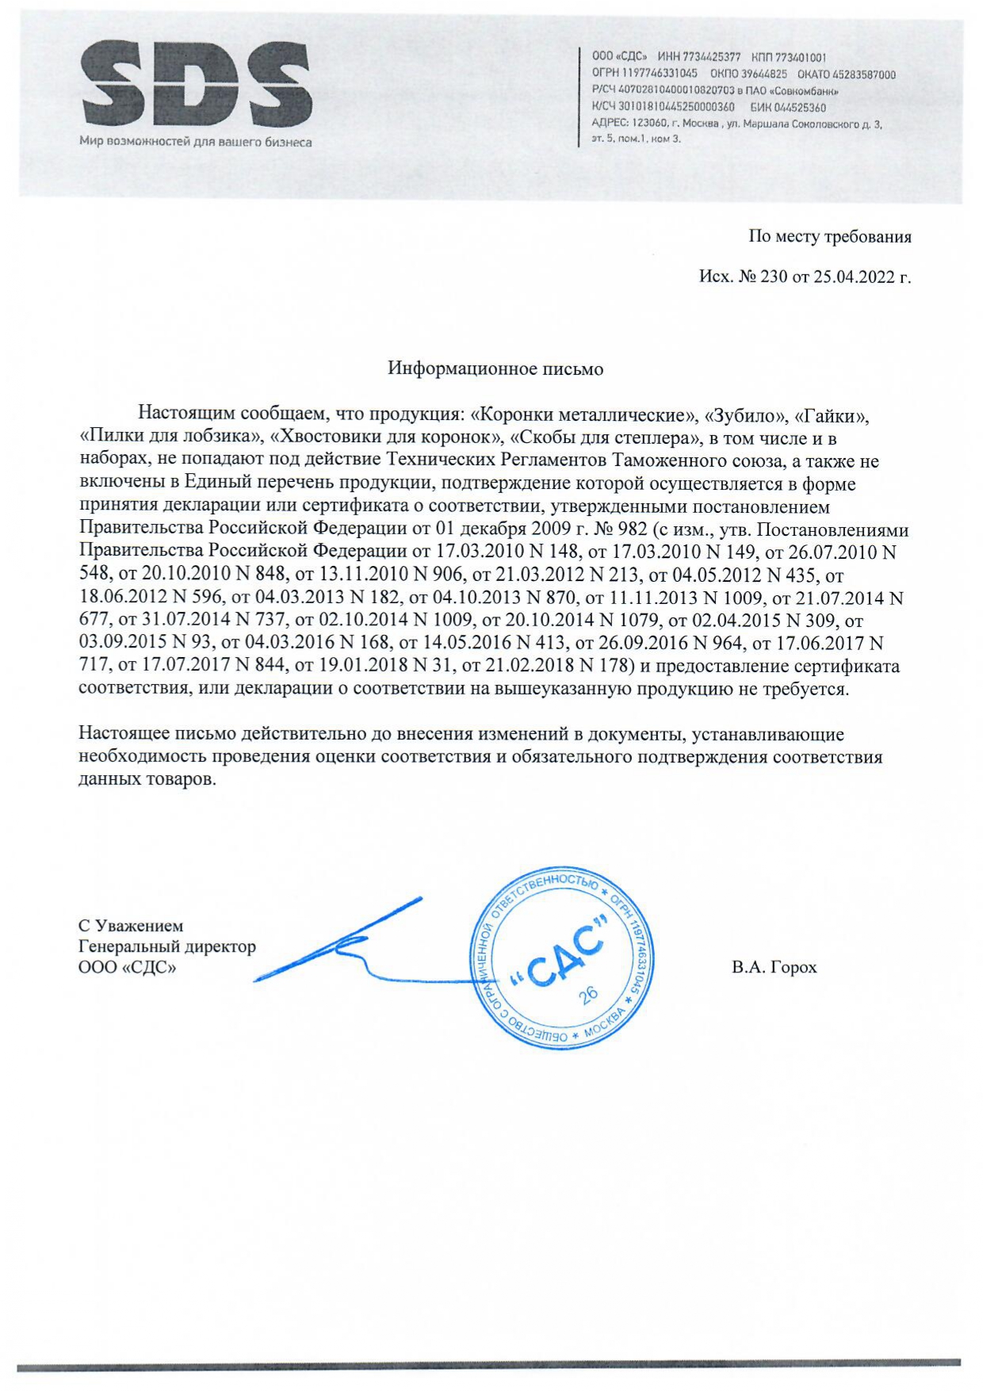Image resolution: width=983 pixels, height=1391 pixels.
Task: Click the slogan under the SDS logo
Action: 195,143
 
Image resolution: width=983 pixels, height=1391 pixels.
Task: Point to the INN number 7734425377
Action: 711,57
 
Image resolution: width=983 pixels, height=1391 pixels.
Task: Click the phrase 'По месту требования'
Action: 829,237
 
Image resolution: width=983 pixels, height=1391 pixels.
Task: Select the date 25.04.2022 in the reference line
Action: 851,277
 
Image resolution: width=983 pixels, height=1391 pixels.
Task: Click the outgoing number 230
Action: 773,277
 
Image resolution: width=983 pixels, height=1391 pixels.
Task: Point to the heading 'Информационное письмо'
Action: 495,369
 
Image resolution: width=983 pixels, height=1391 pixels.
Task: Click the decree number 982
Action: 630,529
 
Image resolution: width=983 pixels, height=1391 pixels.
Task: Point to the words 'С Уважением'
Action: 131,926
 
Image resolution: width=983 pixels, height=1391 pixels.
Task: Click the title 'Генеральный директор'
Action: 167,946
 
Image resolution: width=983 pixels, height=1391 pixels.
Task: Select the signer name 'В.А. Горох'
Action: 774,967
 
